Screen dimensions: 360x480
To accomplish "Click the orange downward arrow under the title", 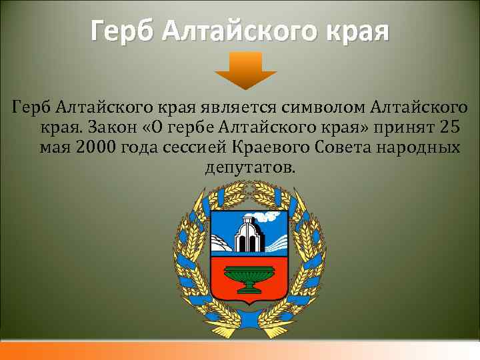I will [246, 69].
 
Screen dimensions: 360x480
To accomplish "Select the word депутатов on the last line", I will [249, 167].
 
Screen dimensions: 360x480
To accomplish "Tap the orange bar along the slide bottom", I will [240, 351].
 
